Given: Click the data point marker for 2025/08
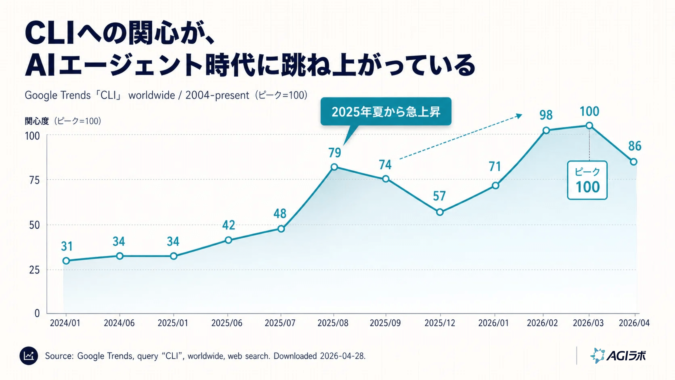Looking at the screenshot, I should tap(334, 167).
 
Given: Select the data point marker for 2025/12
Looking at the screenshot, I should tap(440, 212).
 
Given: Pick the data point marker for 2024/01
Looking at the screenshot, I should tap(66, 260).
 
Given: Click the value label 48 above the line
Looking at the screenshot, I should tap(280, 214).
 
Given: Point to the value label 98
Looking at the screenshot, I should tap(546, 115).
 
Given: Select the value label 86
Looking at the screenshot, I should tap(635, 146).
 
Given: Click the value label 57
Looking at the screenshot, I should tap(439, 196).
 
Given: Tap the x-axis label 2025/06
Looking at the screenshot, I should tap(227, 323).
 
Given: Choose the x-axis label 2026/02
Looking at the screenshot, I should tap(542, 323).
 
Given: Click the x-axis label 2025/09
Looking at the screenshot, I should tap(385, 323).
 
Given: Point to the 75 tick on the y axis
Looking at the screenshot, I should tap(34, 180).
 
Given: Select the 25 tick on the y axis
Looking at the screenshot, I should tap(34, 270).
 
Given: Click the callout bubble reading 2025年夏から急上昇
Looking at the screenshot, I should tap(386, 112).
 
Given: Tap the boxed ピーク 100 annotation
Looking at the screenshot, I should tap(587, 180).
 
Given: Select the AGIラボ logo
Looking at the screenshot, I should tap(618, 356).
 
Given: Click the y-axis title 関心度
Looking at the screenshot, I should tap(37, 121).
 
